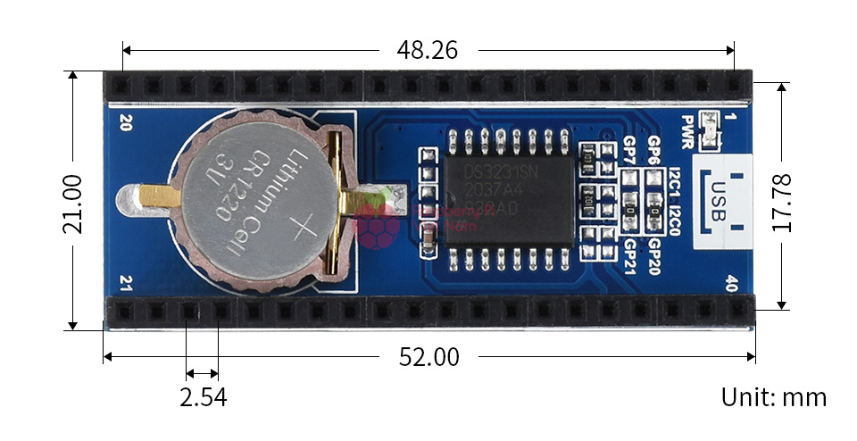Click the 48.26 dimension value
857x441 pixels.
pyautogui.click(x=427, y=50)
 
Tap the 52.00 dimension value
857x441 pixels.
pyautogui.click(x=428, y=358)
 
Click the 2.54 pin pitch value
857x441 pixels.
pyautogui.click(x=203, y=397)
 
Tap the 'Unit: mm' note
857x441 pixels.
pyautogui.click(x=774, y=397)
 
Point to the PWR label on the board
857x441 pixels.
pyautogui.click(x=687, y=132)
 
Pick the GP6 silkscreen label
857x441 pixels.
pyautogui.click(x=654, y=148)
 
